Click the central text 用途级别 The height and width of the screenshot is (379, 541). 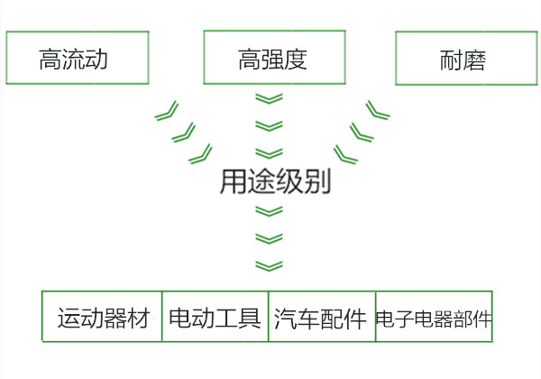click(275, 182)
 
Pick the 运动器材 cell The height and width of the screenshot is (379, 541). click(102, 318)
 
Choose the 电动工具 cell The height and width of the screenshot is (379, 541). click(215, 318)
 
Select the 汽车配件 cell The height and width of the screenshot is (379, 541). click(321, 318)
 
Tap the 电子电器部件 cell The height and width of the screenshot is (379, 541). click(434, 318)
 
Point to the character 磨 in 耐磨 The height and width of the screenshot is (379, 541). click(474, 61)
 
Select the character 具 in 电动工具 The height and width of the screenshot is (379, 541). click(250, 319)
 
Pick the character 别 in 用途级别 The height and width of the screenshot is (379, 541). click(318, 182)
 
